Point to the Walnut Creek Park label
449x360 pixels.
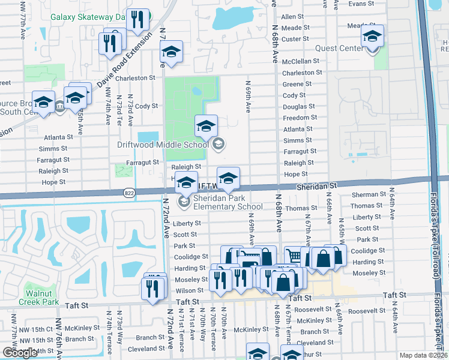click(42, 298)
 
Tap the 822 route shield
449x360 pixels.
click(128, 193)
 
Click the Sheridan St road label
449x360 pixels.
click(317, 187)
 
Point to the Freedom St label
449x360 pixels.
click(300, 118)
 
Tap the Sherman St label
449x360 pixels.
click(369, 194)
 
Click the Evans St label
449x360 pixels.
click(361, 4)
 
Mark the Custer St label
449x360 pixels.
click(295, 39)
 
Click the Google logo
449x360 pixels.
click(20, 353)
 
